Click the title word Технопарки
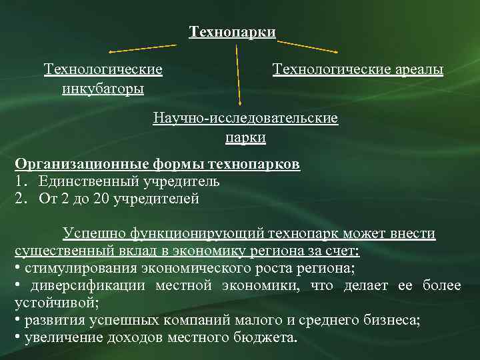point(232,32)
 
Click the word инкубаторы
point(103,88)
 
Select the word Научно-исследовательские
point(245,119)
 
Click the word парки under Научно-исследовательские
point(245,138)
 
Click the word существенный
point(59,251)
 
